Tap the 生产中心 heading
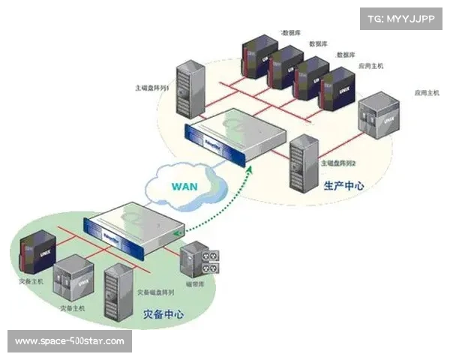point(344,184)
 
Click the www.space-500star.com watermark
point(69,342)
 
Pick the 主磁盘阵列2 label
point(337,163)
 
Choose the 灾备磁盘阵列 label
point(156,292)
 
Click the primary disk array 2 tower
point(301,160)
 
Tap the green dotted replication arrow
point(217,207)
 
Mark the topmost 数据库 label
point(291,33)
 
